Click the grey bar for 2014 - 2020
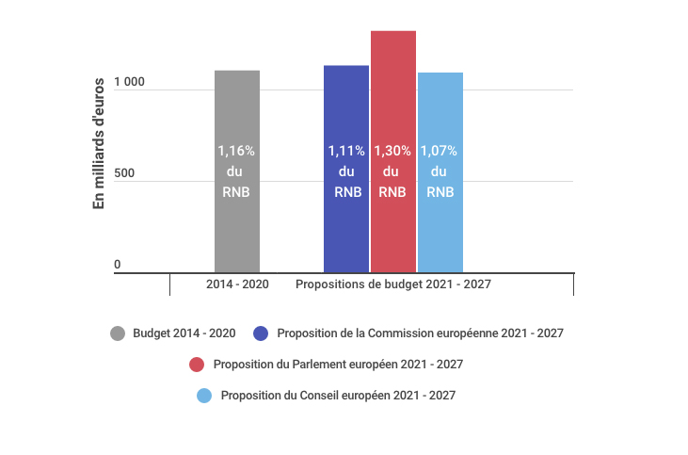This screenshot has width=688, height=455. [x=237, y=171]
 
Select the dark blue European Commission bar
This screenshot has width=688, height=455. [x=346, y=169]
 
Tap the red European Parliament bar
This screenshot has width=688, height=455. [x=393, y=152]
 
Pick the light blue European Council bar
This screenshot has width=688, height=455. [x=440, y=172]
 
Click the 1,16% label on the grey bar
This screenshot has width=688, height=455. [x=236, y=151]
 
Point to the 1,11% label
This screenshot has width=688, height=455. [x=346, y=151]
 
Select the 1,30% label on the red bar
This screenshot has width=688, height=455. [x=392, y=151]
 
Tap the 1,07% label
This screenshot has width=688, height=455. [x=439, y=151]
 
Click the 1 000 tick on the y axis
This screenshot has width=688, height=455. [x=129, y=82]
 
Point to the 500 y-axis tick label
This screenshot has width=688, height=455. [x=124, y=173]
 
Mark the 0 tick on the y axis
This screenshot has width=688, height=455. [x=117, y=265]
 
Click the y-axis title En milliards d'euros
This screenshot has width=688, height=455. [x=99, y=143]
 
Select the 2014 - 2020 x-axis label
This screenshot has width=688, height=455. [x=237, y=284]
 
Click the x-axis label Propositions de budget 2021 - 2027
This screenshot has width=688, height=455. [x=393, y=284]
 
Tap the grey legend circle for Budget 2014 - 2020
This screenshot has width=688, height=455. [x=118, y=333]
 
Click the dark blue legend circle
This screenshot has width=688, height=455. [x=261, y=333]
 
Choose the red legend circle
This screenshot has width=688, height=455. [x=197, y=365]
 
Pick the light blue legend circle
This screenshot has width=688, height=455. [x=204, y=396]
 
